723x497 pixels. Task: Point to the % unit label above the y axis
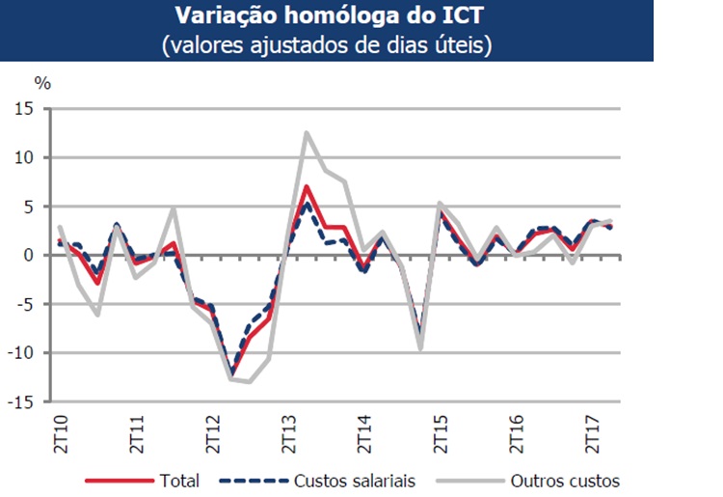tap(42, 82)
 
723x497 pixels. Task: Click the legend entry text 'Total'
tap(180, 480)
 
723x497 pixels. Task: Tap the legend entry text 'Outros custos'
tap(563, 480)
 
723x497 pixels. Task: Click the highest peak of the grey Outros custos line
tap(307, 132)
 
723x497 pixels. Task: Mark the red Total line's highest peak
tap(306, 186)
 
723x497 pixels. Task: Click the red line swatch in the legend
tap(120, 480)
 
